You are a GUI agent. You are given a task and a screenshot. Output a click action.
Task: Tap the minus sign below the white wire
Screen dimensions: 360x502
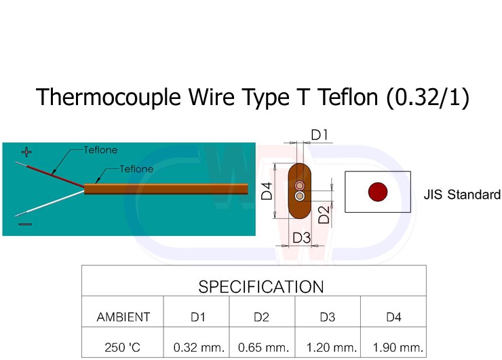pos(24,222)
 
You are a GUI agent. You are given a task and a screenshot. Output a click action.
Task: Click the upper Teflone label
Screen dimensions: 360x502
pos(100,149)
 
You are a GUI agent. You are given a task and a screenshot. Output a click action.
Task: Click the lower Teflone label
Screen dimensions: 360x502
pos(136,169)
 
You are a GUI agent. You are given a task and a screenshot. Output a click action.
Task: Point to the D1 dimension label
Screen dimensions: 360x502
pos(320,135)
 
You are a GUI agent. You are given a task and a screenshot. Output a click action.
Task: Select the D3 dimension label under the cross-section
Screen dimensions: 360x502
pos(301,238)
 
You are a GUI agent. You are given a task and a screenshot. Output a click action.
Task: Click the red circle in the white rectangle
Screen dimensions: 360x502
pos(377,192)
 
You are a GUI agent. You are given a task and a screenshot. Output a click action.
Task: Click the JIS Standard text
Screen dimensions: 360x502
pos(461,195)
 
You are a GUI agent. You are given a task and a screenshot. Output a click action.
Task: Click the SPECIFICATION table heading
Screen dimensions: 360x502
pos(260,286)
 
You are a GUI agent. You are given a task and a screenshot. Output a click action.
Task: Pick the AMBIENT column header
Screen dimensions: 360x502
pos(123,317)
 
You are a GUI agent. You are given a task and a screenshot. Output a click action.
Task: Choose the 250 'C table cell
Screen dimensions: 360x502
pos(123,348)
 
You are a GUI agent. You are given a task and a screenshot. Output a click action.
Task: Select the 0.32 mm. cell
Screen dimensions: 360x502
pos(199,348)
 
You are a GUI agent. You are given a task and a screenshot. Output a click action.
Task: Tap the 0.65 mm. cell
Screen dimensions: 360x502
pos(263,348)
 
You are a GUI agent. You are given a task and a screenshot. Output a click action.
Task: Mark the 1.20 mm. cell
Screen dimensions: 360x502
pos(331,348)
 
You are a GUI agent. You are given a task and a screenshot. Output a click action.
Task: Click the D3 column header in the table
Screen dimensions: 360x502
pos(328,317)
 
